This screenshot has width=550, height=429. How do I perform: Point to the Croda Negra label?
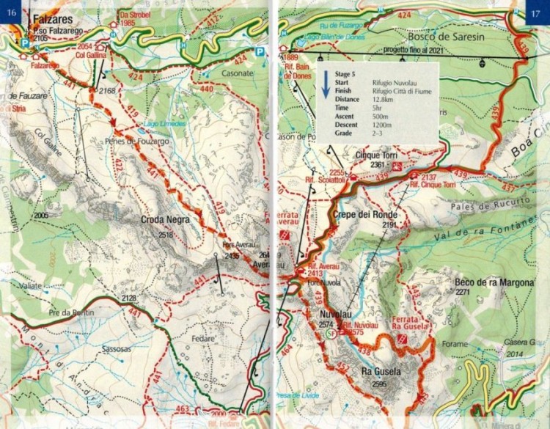[166, 219]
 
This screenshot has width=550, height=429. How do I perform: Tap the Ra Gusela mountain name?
[381, 372]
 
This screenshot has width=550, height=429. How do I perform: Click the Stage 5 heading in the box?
[345, 75]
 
